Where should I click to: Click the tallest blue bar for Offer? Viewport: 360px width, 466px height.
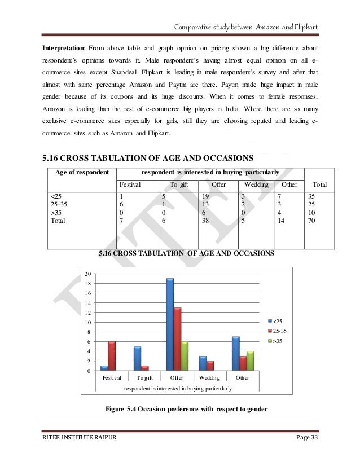169,324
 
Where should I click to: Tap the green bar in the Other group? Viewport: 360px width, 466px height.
251,361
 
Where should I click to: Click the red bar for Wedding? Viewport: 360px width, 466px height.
210,365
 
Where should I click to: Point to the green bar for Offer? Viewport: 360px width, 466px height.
185,355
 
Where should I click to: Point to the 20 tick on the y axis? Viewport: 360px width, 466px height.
87,274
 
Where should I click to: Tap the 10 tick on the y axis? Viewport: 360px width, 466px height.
87,322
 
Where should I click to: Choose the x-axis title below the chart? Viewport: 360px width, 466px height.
177,388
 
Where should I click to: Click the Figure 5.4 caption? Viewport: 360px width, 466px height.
187,409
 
